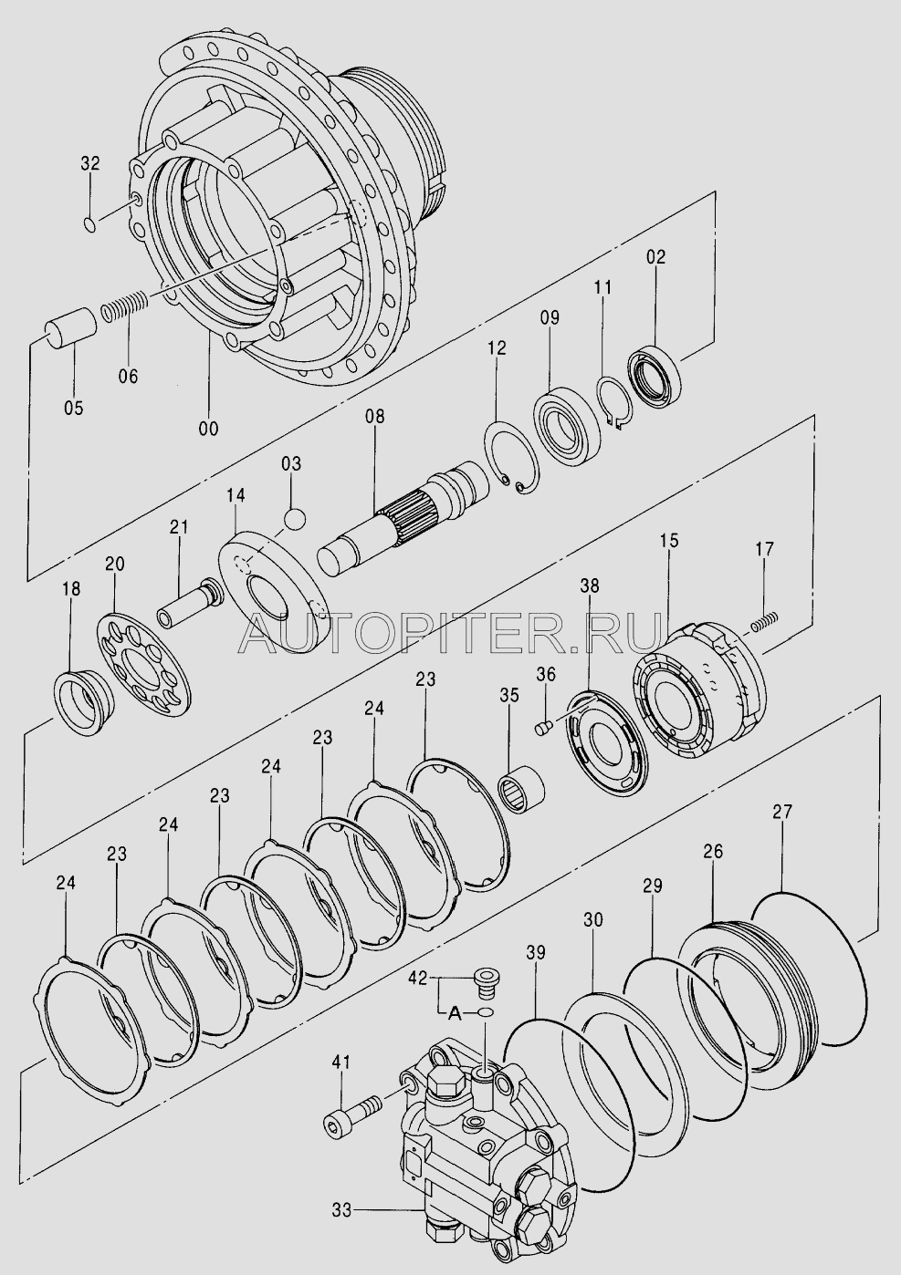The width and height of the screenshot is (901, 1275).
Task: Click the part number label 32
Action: coord(90,164)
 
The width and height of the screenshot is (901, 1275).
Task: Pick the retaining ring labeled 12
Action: coord(510,456)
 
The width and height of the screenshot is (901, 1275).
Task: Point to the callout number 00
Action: coord(208,428)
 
